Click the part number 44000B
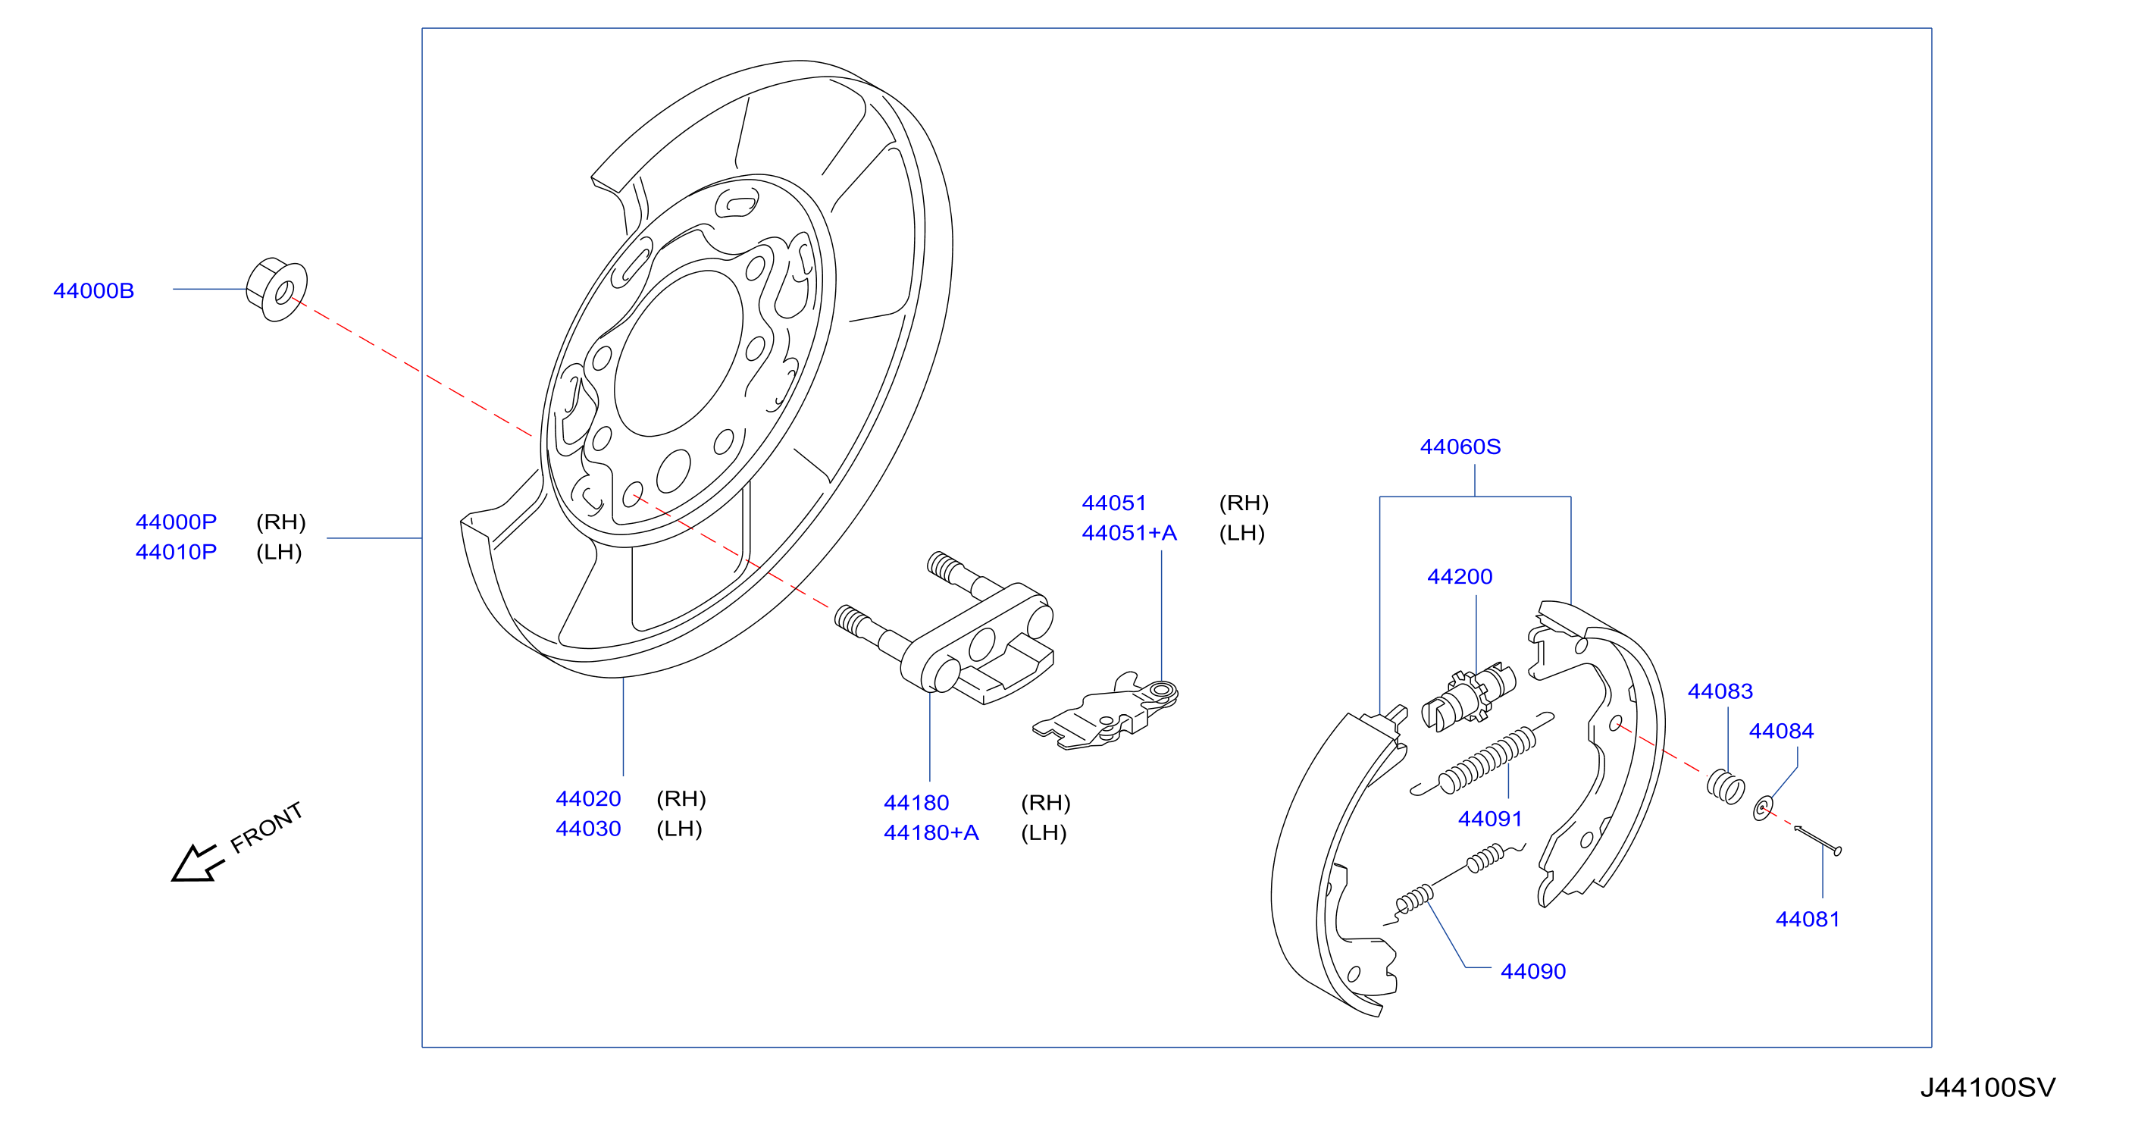tap(94, 290)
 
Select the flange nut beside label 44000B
tap(277, 289)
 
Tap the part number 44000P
tap(176, 522)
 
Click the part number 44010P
tap(176, 552)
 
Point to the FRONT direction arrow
tap(198, 863)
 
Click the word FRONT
tap(267, 828)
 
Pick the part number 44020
tap(588, 799)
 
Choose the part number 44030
tap(588, 829)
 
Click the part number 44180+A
tap(931, 832)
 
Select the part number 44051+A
tap(1129, 533)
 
